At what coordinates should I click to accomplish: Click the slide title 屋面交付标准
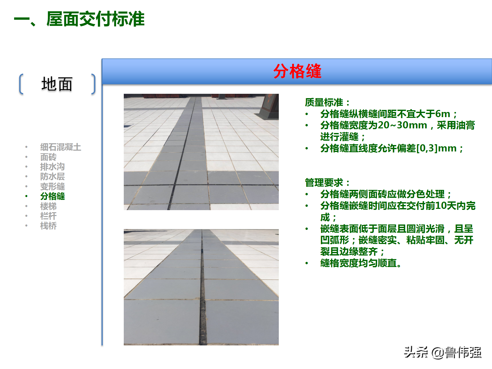[95, 19]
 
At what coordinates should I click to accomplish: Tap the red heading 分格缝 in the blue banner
[297, 71]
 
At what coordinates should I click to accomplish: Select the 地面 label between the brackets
[57, 84]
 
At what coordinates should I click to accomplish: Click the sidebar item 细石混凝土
[60, 147]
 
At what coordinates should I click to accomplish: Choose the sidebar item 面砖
[48, 157]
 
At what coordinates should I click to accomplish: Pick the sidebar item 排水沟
[52, 167]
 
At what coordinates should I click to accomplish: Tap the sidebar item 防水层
[52, 176]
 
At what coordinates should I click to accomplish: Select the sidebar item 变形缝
[52, 186]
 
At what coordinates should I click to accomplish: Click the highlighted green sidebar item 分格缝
[52, 196]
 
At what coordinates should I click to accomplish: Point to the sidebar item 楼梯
[48, 206]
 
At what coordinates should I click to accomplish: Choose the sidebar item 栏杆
[48, 216]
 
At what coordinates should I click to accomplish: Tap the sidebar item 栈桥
[48, 226]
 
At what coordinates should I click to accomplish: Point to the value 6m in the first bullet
[443, 114]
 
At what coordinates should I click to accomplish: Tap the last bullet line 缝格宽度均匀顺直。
[361, 263]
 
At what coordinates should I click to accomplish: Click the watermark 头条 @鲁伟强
[443, 352]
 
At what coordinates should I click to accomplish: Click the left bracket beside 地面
[21, 84]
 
